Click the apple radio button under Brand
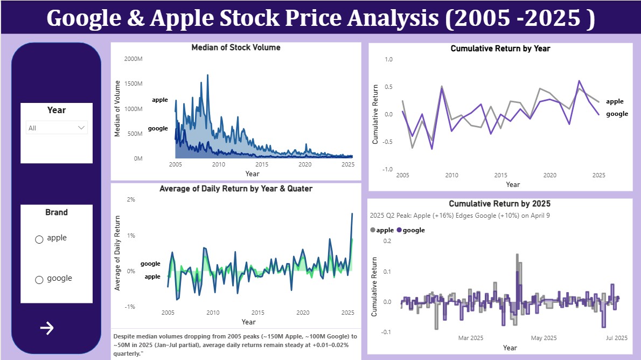click(x=39, y=240)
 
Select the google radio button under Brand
click(x=39, y=280)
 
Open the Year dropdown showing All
click(x=57, y=128)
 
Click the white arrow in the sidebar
click(x=47, y=328)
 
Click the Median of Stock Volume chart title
click(x=236, y=47)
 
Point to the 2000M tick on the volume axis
click(x=133, y=59)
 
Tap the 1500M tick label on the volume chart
click(x=133, y=84)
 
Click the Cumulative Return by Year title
click(x=500, y=49)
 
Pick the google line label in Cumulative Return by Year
click(x=617, y=114)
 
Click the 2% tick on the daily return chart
click(x=131, y=200)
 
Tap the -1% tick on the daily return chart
click(x=130, y=307)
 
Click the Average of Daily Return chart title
click(x=236, y=189)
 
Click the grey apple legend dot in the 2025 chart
click(x=373, y=230)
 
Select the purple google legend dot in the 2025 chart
click(x=400, y=230)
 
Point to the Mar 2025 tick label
click(x=471, y=338)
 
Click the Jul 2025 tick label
click(x=616, y=338)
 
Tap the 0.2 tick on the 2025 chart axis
click(x=387, y=241)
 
